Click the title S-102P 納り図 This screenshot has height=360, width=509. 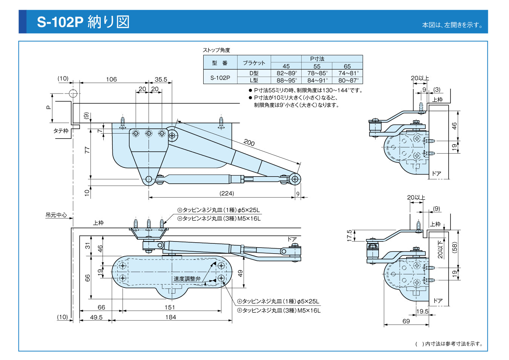[x=83, y=22]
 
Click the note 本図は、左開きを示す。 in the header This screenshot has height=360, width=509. [x=452, y=25]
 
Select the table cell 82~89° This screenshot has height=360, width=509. [x=287, y=73]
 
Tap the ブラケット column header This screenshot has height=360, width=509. [x=254, y=63]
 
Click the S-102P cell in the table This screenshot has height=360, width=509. [x=220, y=78]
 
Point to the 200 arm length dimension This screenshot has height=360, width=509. [x=249, y=143]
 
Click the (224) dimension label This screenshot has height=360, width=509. [x=227, y=193]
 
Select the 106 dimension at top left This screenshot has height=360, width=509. [x=111, y=79]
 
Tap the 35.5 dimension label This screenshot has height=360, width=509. [x=161, y=79]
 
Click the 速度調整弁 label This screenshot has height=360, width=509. [x=187, y=279]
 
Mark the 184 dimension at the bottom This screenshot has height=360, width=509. [x=170, y=317]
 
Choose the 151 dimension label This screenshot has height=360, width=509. [x=170, y=307]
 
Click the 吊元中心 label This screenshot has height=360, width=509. [x=56, y=215]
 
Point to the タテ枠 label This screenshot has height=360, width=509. [x=61, y=131]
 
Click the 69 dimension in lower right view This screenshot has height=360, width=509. [x=406, y=321]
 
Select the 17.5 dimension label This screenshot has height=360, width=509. [x=350, y=235]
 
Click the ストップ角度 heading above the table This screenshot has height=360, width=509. [x=216, y=50]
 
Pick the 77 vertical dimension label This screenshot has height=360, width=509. [x=87, y=150]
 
